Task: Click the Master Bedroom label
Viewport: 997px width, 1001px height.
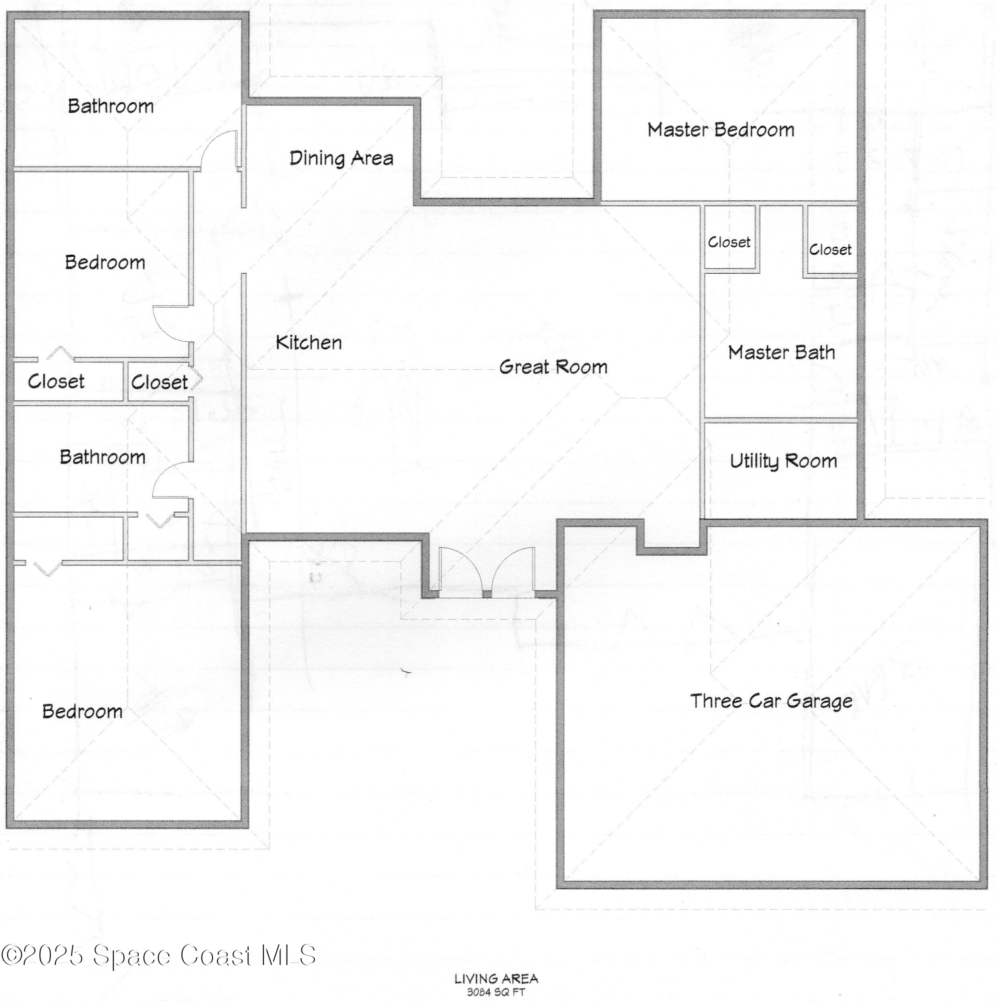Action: tap(720, 130)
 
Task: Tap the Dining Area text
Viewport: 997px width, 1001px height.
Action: tap(341, 158)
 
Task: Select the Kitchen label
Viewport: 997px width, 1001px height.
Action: tap(308, 342)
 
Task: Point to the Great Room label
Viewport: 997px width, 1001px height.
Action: tap(553, 367)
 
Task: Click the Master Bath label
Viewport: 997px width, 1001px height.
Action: tap(781, 353)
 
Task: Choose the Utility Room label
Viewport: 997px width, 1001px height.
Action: tap(782, 461)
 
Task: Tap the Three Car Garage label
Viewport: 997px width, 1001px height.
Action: tap(771, 701)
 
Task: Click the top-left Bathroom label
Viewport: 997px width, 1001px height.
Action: tap(111, 106)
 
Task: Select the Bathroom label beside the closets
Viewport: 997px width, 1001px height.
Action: tap(102, 457)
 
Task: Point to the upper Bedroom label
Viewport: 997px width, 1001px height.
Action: tap(104, 262)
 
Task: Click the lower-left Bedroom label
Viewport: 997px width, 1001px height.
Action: tap(82, 711)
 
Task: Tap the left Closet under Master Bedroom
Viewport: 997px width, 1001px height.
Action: tap(729, 242)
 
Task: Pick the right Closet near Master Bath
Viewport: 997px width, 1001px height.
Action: tap(830, 250)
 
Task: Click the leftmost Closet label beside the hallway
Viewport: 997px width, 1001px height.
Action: tap(56, 381)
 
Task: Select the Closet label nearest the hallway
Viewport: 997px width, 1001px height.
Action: tap(159, 382)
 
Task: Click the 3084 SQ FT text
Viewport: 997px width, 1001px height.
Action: tap(495, 992)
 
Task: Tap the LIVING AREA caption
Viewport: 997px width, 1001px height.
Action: tap(496, 978)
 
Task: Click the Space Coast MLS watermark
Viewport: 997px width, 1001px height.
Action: tap(158, 955)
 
